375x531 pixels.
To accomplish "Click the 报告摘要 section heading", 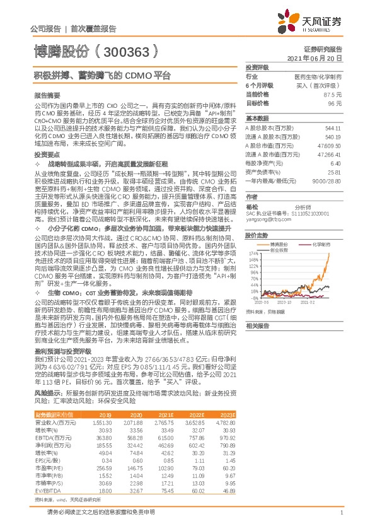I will [45, 92].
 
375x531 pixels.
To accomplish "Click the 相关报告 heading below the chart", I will [258, 325].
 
